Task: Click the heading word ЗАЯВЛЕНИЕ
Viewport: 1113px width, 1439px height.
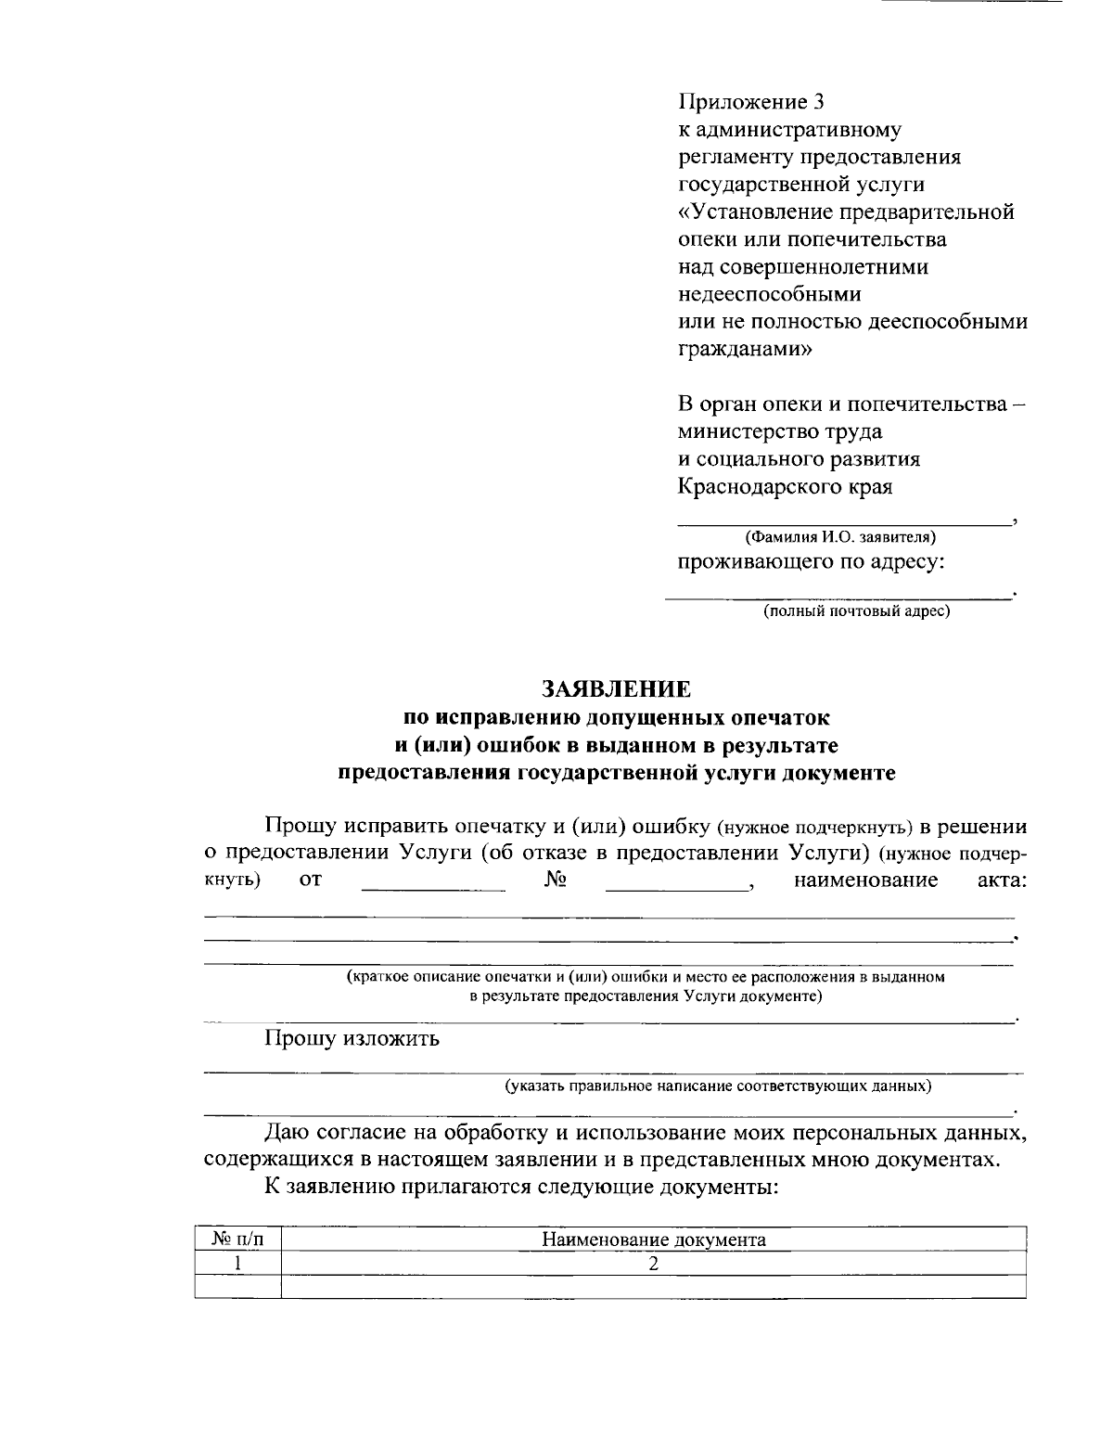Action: click(616, 688)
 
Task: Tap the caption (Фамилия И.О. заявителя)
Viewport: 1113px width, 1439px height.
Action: click(840, 536)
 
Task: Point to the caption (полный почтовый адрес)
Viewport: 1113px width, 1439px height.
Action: click(856, 611)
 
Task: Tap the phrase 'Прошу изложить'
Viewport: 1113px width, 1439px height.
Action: click(352, 1038)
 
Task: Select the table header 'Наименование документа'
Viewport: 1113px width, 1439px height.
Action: click(654, 1240)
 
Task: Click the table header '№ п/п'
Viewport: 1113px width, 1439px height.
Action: click(237, 1240)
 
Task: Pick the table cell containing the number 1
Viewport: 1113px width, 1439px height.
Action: click(237, 1263)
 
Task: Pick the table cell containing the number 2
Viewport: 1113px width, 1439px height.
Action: click(654, 1263)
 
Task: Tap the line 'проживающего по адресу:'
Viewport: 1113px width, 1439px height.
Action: click(812, 562)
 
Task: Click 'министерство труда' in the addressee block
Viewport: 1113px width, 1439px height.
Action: click(780, 431)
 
